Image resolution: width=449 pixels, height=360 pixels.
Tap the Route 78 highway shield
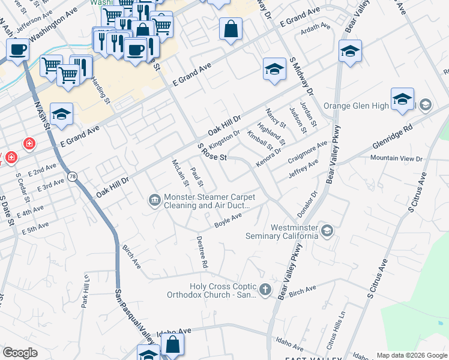73,176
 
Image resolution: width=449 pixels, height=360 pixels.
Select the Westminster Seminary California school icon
327,230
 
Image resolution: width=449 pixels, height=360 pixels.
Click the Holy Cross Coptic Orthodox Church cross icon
265,290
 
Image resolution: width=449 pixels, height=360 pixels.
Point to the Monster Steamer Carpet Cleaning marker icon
155,200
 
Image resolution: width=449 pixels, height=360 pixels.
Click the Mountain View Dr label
396,158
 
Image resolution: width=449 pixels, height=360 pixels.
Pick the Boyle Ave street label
228,220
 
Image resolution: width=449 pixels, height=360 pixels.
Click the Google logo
20,353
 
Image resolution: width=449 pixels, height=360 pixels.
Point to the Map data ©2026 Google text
411,355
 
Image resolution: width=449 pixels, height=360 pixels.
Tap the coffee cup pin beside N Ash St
18,50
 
